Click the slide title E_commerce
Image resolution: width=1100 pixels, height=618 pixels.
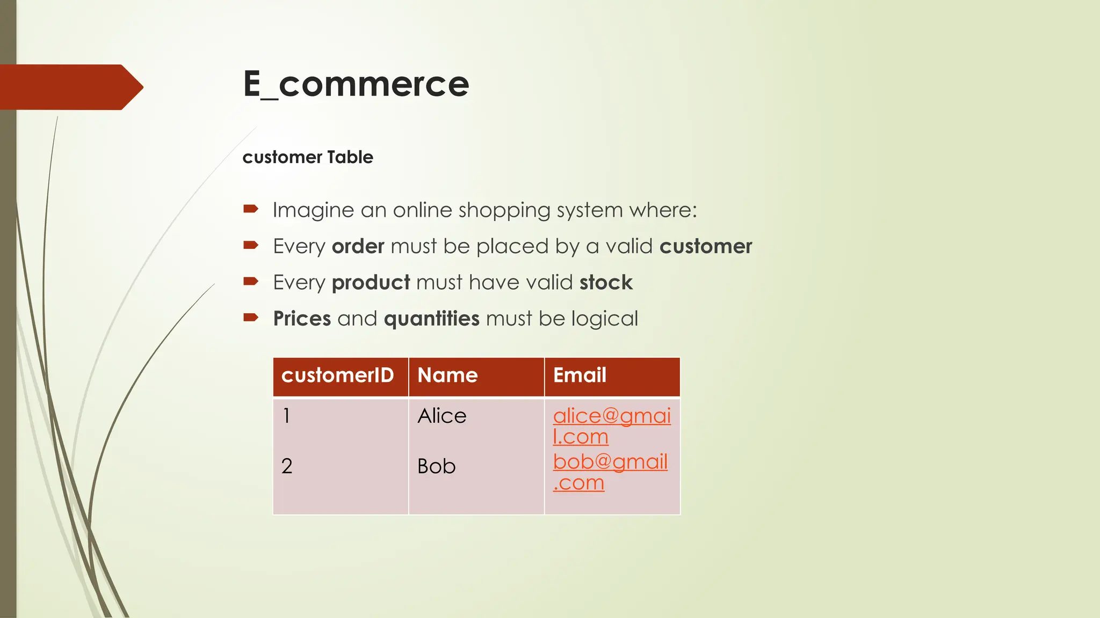[356, 84]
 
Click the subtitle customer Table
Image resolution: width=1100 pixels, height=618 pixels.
[307, 157]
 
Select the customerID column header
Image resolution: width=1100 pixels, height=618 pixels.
[337, 376]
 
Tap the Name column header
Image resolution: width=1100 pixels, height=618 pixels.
[447, 376]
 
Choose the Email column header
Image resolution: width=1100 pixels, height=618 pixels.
[580, 376]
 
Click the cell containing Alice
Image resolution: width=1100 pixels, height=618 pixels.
[442, 416]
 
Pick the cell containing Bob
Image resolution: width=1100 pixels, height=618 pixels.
[436, 466]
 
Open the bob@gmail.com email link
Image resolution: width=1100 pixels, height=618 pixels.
[610, 462]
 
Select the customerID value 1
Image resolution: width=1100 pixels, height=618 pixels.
[286, 416]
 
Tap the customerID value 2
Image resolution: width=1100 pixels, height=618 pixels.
[287, 466]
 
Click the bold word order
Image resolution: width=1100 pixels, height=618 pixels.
[358, 247]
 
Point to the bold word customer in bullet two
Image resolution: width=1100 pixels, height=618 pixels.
[705, 247]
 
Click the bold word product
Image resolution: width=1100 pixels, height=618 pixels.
[371, 283]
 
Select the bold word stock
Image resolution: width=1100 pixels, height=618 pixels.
[606, 283]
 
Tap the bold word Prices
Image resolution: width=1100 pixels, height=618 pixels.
[302, 319]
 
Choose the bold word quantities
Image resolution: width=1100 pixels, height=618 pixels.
[431, 319]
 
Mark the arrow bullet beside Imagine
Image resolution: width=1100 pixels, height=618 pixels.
[251, 209]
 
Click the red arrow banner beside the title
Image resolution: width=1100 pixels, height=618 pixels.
[70, 87]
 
